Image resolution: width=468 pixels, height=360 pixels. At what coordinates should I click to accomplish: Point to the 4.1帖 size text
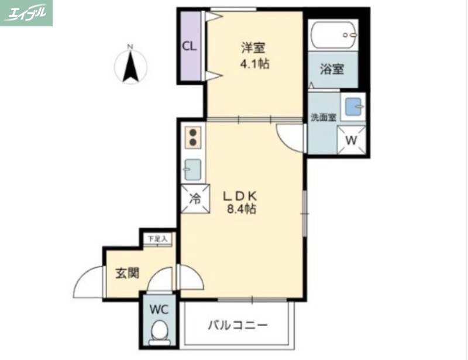click(x=255, y=64)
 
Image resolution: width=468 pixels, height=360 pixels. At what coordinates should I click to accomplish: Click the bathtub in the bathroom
click(x=333, y=36)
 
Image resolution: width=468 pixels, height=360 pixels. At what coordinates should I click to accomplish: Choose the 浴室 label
click(x=332, y=69)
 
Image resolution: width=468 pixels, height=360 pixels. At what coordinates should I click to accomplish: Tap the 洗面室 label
click(x=323, y=117)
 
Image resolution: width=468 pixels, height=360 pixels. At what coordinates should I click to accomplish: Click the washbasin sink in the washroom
click(x=353, y=107)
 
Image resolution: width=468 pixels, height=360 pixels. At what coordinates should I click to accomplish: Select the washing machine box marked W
click(x=352, y=140)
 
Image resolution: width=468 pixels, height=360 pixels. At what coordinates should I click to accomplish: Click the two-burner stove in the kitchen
click(x=194, y=138)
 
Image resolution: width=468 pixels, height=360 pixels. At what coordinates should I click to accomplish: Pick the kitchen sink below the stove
click(x=193, y=170)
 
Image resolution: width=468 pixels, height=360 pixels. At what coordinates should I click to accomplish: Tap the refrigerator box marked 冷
click(x=194, y=198)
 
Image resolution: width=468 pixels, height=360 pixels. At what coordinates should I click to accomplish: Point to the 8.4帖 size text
click(x=240, y=209)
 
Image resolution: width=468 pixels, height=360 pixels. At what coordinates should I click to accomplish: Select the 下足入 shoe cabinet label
click(x=157, y=239)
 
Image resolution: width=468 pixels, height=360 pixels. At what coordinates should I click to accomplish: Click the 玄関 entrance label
click(x=126, y=273)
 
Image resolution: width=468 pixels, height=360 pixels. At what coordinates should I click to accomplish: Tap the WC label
click(x=159, y=309)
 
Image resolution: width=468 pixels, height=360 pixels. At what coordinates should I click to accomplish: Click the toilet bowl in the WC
click(x=159, y=334)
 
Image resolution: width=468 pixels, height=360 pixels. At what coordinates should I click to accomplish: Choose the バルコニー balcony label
click(x=238, y=325)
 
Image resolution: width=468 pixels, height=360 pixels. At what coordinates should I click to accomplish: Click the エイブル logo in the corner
click(x=26, y=13)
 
